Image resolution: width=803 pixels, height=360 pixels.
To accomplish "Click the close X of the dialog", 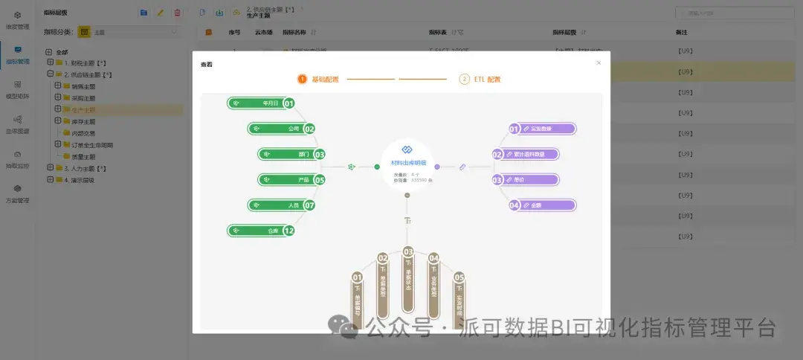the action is click(x=599, y=63).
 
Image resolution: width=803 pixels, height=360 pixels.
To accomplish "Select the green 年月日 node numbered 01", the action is click(x=259, y=103).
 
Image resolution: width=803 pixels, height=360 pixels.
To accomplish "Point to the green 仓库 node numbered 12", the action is click(x=259, y=231).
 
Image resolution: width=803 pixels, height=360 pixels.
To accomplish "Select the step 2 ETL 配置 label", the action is click(x=487, y=79).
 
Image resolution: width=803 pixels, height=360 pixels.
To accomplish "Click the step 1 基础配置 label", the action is click(x=325, y=79).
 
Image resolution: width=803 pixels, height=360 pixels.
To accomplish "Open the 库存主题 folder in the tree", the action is click(x=84, y=121).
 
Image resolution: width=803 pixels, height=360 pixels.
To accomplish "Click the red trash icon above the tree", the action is click(x=177, y=13).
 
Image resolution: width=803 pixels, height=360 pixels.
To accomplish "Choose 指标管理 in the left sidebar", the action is click(x=17, y=55).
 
